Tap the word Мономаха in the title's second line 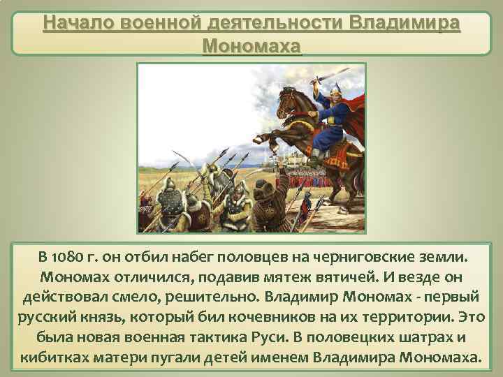pos(251,46)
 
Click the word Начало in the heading pos(73,23)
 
